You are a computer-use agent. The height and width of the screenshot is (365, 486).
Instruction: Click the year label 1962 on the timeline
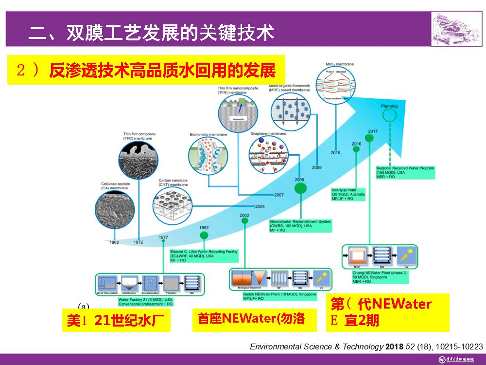(114, 242)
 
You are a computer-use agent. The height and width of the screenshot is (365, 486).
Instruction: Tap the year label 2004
(260, 206)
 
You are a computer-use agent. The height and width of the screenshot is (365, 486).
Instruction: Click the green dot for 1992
(204, 235)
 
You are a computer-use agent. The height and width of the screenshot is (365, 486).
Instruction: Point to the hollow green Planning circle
(389, 115)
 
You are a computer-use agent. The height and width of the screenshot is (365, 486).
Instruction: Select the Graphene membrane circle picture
(269, 154)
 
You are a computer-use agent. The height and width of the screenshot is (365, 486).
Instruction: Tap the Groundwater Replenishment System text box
(301, 226)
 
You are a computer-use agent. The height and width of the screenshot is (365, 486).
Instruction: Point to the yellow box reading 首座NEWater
(251, 318)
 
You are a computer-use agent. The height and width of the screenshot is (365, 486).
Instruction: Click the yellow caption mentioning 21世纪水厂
(116, 321)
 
